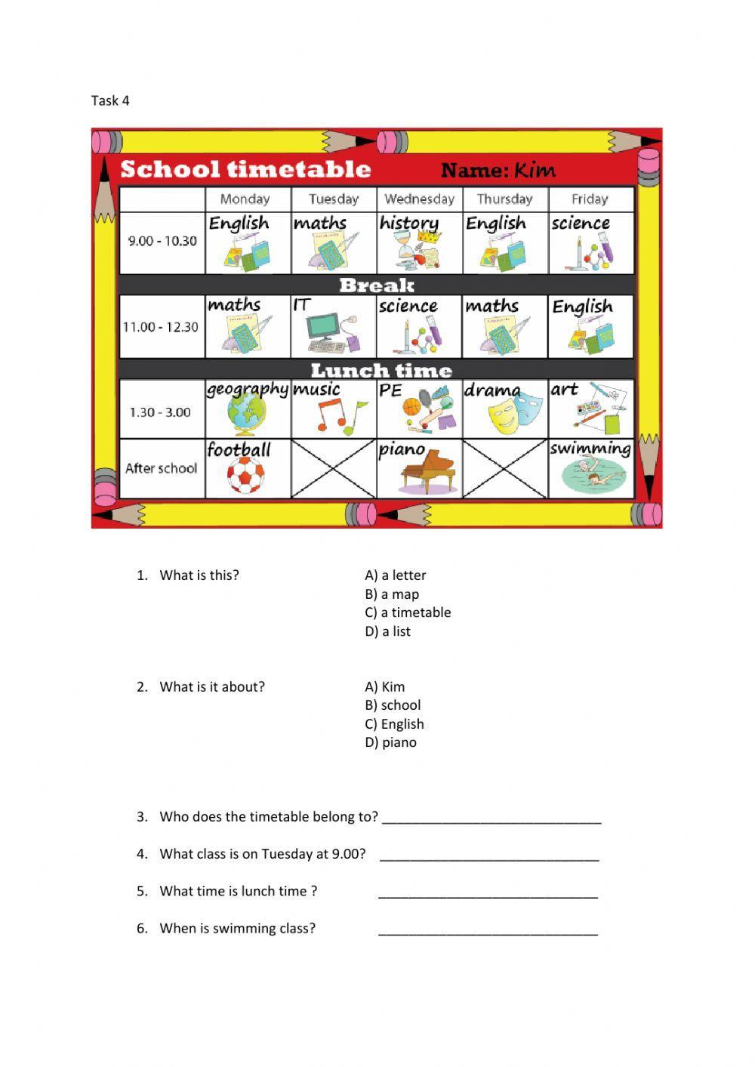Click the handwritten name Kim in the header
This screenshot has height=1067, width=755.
(535, 170)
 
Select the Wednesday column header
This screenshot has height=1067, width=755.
(419, 199)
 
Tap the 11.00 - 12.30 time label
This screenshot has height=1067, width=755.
(161, 327)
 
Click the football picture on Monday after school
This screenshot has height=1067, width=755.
(242, 477)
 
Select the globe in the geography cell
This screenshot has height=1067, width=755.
(245, 415)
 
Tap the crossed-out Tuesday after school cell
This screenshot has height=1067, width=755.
(334, 468)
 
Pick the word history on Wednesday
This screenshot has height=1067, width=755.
(408, 223)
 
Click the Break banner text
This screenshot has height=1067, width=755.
(376, 285)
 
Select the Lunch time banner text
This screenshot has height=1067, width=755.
(381, 370)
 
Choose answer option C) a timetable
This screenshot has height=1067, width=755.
(408, 612)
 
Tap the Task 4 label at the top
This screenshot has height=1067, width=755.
(110, 100)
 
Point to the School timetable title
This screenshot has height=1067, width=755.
(245, 169)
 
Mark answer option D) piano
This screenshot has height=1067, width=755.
(390, 742)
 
